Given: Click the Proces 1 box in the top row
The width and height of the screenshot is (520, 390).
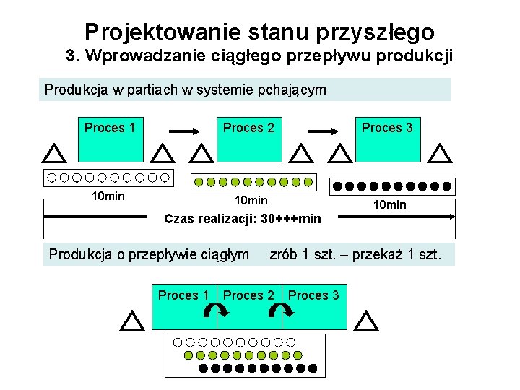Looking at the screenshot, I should (x=110, y=137).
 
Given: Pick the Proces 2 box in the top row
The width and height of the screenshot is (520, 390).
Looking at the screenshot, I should (x=248, y=137).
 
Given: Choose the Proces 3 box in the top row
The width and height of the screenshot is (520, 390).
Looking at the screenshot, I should (x=387, y=137).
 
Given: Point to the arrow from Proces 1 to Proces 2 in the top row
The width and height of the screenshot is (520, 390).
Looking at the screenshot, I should (x=183, y=131).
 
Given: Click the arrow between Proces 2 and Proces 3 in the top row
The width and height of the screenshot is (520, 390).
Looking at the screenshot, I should (x=323, y=131).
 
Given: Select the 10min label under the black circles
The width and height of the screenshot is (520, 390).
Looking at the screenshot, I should (x=389, y=205).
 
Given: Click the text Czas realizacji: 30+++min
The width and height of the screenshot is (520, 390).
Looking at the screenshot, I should (x=243, y=218).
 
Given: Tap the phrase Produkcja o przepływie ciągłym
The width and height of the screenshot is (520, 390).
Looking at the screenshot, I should (x=149, y=254).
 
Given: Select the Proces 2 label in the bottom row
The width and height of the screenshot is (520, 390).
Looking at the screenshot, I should (x=248, y=295).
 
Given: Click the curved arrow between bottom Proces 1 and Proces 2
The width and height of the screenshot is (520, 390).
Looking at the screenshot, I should (x=216, y=311).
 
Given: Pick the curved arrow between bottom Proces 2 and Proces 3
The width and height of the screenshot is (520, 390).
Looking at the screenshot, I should (x=281, y=311).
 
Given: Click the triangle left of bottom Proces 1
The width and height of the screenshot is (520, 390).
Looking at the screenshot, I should (x=131, y=321).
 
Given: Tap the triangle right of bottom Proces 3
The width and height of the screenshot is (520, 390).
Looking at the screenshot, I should (x=367, y=321).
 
